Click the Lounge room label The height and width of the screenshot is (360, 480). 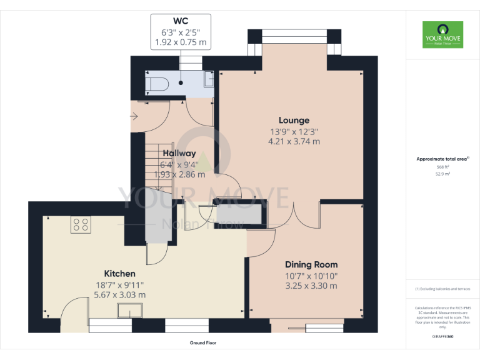pos(294,120)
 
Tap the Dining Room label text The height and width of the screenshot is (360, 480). pos(311,264)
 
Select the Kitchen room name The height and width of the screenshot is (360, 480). pos(119,273)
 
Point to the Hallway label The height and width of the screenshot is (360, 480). pos(179,153)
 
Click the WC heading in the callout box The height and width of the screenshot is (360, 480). pos(181,21)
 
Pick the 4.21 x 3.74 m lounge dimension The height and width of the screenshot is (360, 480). pos(294,141)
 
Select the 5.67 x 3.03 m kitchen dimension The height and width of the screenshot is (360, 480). pos(119,294)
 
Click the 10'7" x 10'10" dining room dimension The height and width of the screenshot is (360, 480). pos(311,275)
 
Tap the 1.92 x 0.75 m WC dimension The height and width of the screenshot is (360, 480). pos(181,42)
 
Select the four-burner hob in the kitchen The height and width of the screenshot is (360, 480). pos(81,224)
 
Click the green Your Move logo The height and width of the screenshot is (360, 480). pos(443,34)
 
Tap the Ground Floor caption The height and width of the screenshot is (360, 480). pos(203,343)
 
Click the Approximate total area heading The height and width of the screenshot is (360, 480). pos(442,159)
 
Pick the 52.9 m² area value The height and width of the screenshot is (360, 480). pos(442,174)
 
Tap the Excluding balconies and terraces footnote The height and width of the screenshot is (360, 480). pos(443,289)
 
